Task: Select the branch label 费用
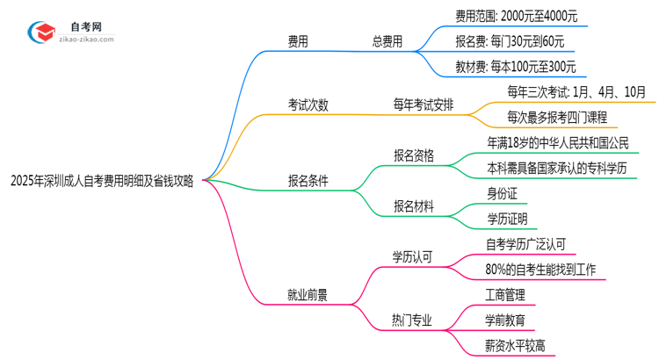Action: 298,40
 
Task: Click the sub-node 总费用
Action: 387,40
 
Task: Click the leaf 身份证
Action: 503,193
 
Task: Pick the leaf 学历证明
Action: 508,219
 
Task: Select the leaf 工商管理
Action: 507,296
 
